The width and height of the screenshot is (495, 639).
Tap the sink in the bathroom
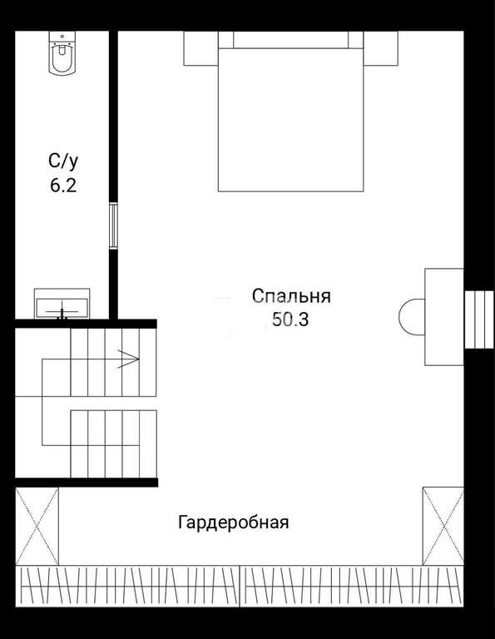62,304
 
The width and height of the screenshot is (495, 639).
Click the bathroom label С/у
63,161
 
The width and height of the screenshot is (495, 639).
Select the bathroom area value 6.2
63,186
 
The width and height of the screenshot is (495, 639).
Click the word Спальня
291,296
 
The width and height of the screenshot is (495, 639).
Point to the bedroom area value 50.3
290,319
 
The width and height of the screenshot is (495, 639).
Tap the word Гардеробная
234,522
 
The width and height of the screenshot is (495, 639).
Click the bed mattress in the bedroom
291,120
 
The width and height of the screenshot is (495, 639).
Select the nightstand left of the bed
200,48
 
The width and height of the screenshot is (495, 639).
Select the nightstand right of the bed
380,48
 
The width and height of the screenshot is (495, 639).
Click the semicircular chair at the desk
412,317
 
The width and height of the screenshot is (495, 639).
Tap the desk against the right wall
444,317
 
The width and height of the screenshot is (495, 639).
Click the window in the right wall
479,319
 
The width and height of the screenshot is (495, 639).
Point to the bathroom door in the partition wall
113,225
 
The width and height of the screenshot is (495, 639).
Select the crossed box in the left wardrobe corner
37,526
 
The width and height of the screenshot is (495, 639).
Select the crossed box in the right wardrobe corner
443,526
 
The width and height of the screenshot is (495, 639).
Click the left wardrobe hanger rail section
127,587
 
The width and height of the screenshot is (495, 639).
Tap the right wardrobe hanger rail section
352,587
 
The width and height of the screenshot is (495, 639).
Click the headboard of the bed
291,40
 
